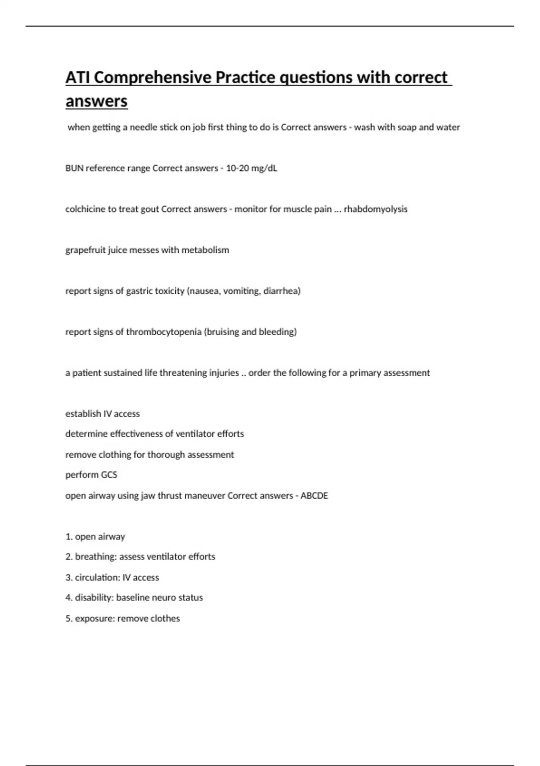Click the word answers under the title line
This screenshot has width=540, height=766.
96,101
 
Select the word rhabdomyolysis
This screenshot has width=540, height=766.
375,209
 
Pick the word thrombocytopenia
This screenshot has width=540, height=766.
163,332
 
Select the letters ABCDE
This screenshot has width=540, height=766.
314,496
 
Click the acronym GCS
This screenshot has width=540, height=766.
109,474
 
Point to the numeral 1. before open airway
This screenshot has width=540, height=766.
69,537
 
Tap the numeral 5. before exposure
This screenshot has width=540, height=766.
69,619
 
